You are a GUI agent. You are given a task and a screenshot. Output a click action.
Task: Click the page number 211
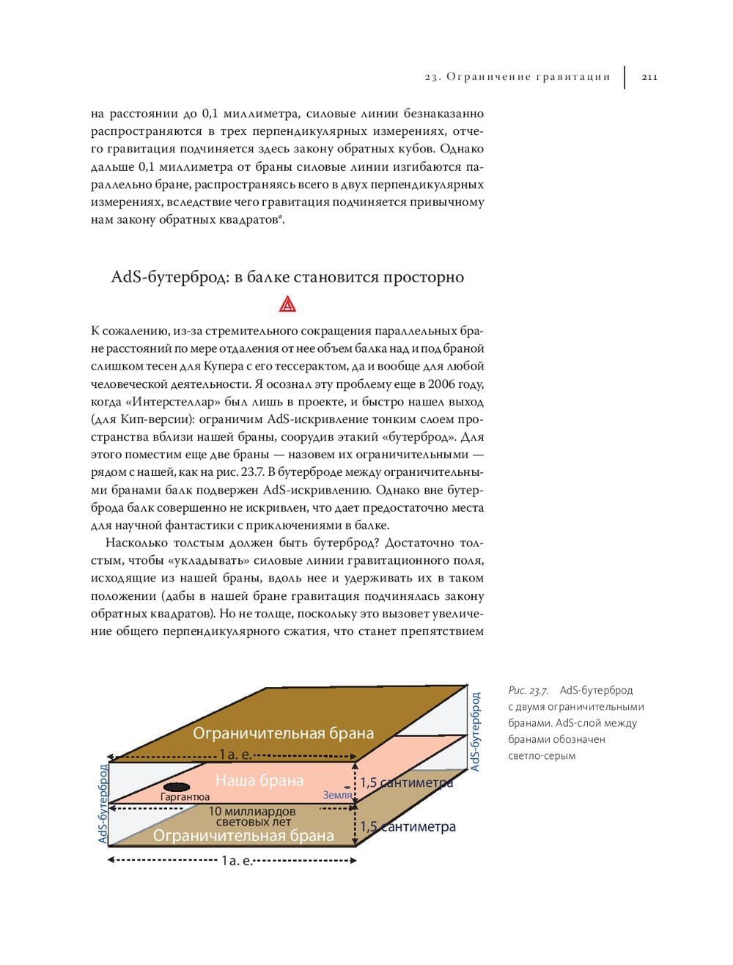[649, 77]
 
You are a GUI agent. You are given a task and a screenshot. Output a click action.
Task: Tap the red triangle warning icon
[287, 304]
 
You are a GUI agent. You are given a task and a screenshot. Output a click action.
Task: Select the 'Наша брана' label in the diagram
[259, 780]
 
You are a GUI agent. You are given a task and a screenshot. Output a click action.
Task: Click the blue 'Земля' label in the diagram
[337, 795]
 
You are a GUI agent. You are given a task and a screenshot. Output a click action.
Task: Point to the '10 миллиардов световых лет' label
[252, 817]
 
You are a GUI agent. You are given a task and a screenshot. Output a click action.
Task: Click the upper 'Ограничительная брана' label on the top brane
[283, 733]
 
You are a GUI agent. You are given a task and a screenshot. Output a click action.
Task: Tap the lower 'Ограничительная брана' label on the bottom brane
[243, 835]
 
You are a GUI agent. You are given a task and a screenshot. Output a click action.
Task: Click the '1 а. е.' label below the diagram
[236, 861]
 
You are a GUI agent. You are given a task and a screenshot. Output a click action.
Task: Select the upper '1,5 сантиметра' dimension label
[406, 782]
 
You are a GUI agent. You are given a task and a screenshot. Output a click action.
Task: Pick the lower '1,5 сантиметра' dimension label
[408, 826]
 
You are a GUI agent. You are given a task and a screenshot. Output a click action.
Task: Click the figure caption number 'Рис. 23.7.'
[528, 690]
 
